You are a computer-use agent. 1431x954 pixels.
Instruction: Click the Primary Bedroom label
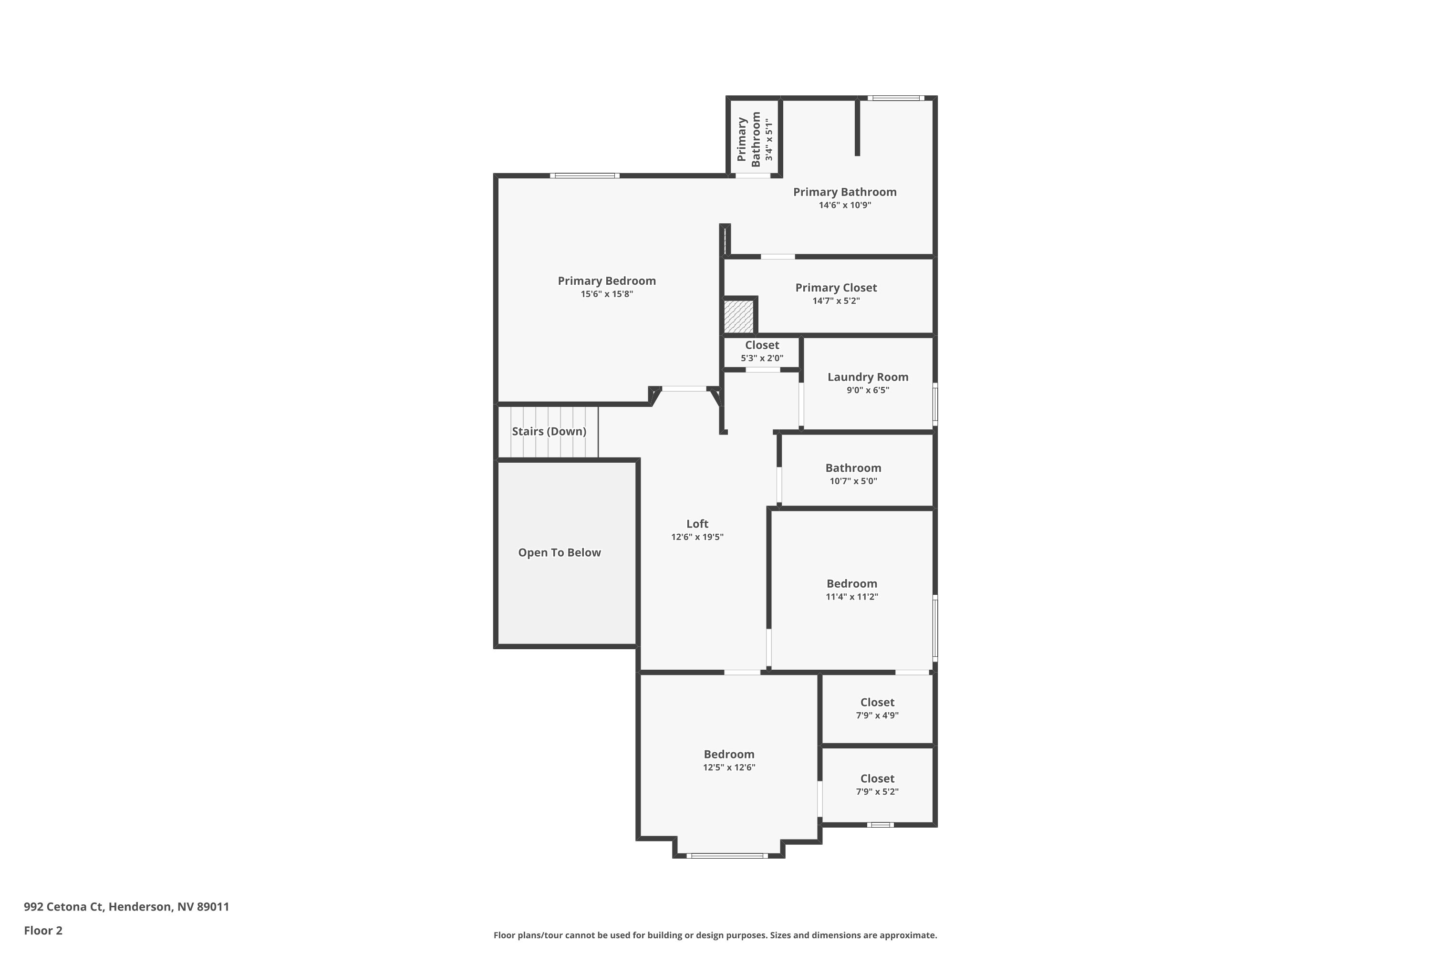(x=607, y=280)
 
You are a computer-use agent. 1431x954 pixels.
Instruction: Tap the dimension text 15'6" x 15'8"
(x=607, y=294)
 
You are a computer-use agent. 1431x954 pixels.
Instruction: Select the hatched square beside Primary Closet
(x=738, y=316)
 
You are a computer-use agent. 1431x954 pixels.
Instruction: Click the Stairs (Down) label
(x=549, y=431)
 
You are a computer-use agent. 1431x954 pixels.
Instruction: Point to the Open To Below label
(x=559, y=552)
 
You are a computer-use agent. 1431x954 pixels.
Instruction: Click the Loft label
(x=697, y=524)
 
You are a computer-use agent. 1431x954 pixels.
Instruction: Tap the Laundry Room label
(x=868, y=377)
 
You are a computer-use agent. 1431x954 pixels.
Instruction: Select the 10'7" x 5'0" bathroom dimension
(x=853, y=481)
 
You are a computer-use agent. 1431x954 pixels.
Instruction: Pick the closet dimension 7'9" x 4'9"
(x=877, y=715)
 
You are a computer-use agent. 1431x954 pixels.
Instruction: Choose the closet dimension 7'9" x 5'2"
(x=877, y=791)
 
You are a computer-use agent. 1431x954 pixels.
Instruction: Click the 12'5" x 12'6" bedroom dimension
(x=729, y=767)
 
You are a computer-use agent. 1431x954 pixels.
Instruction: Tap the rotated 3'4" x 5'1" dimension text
(x=769, y=140)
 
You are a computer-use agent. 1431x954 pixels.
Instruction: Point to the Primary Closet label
(x=836, y=288)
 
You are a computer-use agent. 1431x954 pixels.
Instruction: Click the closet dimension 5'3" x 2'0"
(x=762, y=358)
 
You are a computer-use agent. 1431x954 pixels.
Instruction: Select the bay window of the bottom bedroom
(x=728, y=855)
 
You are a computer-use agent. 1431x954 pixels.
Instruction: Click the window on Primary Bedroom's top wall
(x=585, y=176)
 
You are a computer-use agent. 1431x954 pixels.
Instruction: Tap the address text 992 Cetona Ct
(x=126, y=907)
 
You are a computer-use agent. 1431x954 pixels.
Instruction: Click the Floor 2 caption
(x=43, y=930)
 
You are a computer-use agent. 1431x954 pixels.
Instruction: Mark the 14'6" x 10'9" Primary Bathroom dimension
(x=844, y=206)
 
